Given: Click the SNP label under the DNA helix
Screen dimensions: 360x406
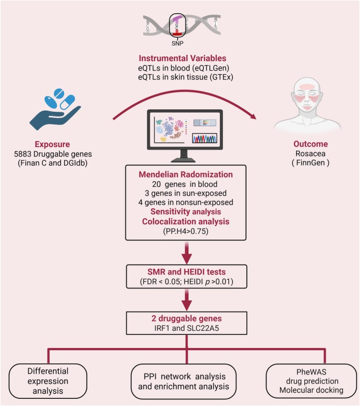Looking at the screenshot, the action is click(x=177, y=43).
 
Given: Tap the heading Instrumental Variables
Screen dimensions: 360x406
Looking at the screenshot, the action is click(x=182, y=58).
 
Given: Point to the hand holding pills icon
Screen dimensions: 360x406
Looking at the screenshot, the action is click(x=55, y=109).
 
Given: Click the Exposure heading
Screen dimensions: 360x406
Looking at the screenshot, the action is click(x=52, y=144).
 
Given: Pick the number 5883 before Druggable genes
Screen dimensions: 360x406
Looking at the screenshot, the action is click(x=22, y=154).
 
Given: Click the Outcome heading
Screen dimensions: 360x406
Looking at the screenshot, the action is click(x=311, y=144).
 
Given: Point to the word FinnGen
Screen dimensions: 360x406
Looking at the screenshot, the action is click(x=310, y=163).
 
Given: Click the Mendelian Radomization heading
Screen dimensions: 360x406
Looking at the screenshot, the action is click(x=186, y=174).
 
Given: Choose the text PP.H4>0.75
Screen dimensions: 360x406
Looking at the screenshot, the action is click(x=186, y=231).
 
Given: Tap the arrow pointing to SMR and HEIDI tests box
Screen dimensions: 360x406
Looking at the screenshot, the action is click(x=186, y=253).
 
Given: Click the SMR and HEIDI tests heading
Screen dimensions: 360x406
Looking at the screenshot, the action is click(x=186, y=272).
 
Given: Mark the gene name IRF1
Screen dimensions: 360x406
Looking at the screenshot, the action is click(x=162, y=328).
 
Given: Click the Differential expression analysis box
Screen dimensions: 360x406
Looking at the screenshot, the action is click(x=48, y=381).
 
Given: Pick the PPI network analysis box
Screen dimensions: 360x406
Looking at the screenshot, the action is click(x=183, y=381).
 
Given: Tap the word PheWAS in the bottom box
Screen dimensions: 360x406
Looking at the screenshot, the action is click(x=311, y=372).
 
